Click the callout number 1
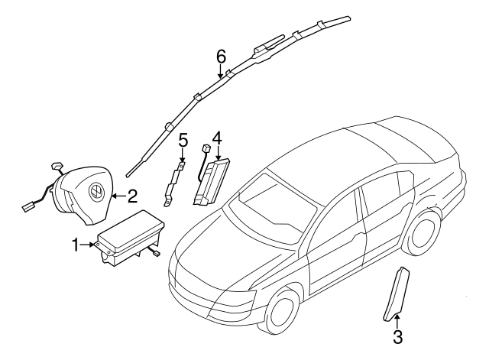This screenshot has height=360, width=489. coord(76,245)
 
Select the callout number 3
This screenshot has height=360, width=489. coord(397,336)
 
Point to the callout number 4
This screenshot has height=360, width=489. coord(217,138)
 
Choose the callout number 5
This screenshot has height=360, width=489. coord(183,139)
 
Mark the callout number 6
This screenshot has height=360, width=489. coord(221,56)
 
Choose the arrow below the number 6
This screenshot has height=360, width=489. coord(221,71)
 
